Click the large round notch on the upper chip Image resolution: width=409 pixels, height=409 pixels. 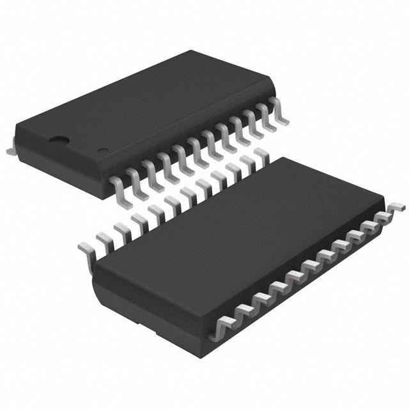tap(60, 138)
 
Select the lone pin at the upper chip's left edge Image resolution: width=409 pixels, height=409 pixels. tap(11, 148)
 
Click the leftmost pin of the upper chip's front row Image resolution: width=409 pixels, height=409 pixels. tap(118, 185)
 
